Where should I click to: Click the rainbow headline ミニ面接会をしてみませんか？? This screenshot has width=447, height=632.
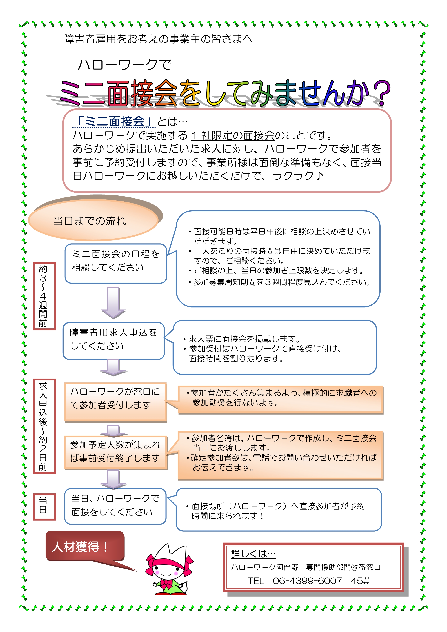click(x=225, y=93)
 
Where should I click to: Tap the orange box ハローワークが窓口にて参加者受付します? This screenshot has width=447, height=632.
click(x=116, y=402)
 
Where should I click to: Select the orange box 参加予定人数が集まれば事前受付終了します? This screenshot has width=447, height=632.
click(x=116, y=452)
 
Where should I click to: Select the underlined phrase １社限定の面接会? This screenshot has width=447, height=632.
click(x=233, y=135)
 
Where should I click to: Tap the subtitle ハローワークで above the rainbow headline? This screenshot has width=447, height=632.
click(x=124, y=65)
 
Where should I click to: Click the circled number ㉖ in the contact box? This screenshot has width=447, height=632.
click(x=355, y=567)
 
